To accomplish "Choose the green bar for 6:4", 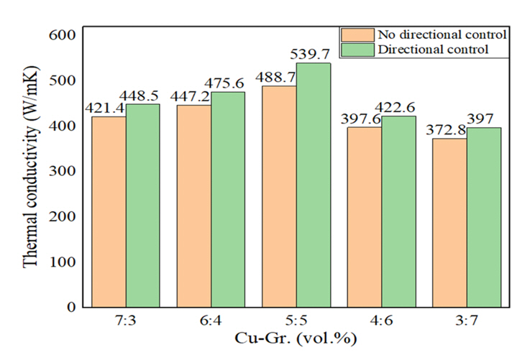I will [x=228, y=199].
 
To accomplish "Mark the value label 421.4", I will [x=105, y=108].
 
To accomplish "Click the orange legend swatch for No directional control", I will [x=357, y=34].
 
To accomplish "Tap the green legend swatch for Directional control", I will [x=357, y=49].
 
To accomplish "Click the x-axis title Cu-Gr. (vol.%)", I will [x=296, y=338].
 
